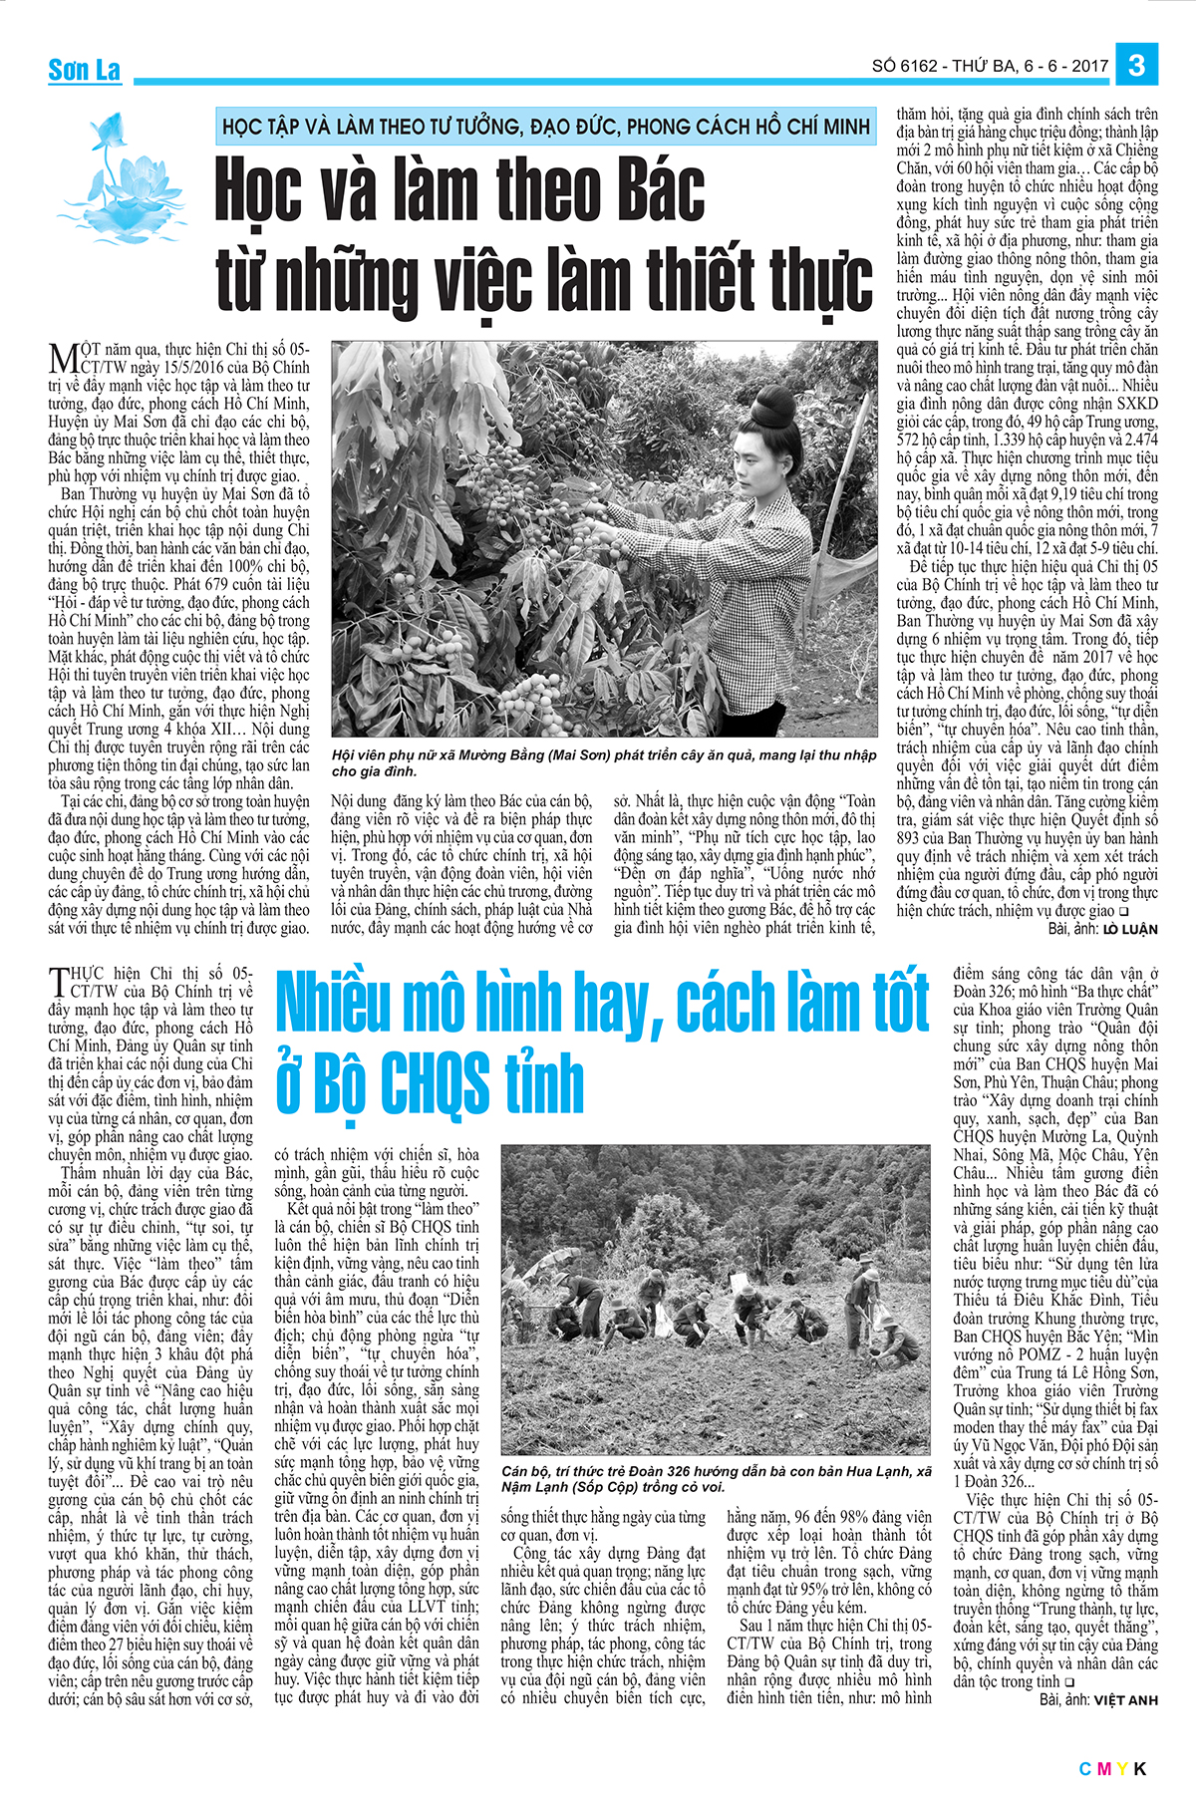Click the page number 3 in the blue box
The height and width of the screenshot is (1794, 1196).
pyautogui.click(x=1136, y=66)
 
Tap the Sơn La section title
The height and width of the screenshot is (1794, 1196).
pyautogui.click(x=85, y=70)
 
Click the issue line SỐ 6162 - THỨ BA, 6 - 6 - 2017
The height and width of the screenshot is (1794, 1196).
pyautogui.click(x=990, y=67)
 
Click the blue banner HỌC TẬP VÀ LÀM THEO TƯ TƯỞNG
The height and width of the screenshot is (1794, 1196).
pyautogui.click(x=545, y=127)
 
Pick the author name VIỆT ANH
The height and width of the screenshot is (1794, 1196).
pyautogui.click(x=1126, y=1700)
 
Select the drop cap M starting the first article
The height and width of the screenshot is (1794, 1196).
pyautogui.click(x=63, y=359)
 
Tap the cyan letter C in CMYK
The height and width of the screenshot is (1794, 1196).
pyautogui.click(x=1085, y=1769)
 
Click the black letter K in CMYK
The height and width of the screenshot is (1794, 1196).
pyautogui.click(x=1140, y=1769)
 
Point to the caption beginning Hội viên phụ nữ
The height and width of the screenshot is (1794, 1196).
pyautogui.click(x=603, y=762)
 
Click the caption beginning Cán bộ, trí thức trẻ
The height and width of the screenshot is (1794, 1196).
pyautogui.click(x=716, y=1479)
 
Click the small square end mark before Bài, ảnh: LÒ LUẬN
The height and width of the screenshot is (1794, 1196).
pyautogui.click(x=1123, y=911)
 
